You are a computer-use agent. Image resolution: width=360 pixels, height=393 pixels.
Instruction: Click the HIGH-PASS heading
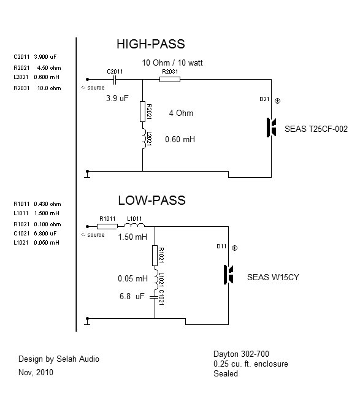[x=151, y=44]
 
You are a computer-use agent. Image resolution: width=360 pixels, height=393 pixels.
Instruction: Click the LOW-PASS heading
[x=151, y=200]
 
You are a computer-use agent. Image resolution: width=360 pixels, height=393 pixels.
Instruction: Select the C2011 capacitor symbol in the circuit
[x=114, y=80]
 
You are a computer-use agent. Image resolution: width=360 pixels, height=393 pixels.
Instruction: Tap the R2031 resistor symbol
[x=170, y=80]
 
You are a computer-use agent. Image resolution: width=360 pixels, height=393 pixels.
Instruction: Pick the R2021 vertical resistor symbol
[x=142, y=112]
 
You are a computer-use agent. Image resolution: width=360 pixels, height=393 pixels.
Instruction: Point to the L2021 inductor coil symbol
[x=144, y=139]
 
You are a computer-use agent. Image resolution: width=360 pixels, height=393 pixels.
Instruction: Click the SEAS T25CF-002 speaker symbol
[x=271, y=128]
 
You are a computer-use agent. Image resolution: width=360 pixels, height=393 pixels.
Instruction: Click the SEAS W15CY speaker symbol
[x=228, y=275]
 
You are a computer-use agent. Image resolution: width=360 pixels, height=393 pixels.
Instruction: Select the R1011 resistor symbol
[x=107, y=227]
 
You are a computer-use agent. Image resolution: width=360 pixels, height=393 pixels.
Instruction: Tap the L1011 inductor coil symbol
[x=134, y=225]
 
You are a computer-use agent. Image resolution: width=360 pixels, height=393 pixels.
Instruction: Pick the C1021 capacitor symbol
[x=155, y=297]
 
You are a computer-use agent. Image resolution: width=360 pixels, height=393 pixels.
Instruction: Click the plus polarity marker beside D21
[x=277, y=101]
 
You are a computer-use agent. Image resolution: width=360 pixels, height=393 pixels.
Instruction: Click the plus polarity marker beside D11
[x=234, y=248]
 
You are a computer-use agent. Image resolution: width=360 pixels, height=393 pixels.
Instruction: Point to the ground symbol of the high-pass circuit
[x=87, y=174]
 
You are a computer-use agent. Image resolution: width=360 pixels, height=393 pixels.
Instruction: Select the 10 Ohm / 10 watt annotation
[x=172, y=63]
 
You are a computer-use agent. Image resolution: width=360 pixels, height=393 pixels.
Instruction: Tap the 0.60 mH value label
[x=180, y=139]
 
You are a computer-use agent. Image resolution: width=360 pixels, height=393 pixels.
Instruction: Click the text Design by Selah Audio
[x=59, y=359]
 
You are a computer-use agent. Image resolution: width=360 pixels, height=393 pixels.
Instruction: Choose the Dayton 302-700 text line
[x=241, y=354]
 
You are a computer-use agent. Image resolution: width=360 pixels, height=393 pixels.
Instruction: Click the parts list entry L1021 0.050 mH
[x=36, y=243]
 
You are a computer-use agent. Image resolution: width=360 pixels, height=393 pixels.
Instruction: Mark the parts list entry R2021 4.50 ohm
[x=37, y=68]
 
